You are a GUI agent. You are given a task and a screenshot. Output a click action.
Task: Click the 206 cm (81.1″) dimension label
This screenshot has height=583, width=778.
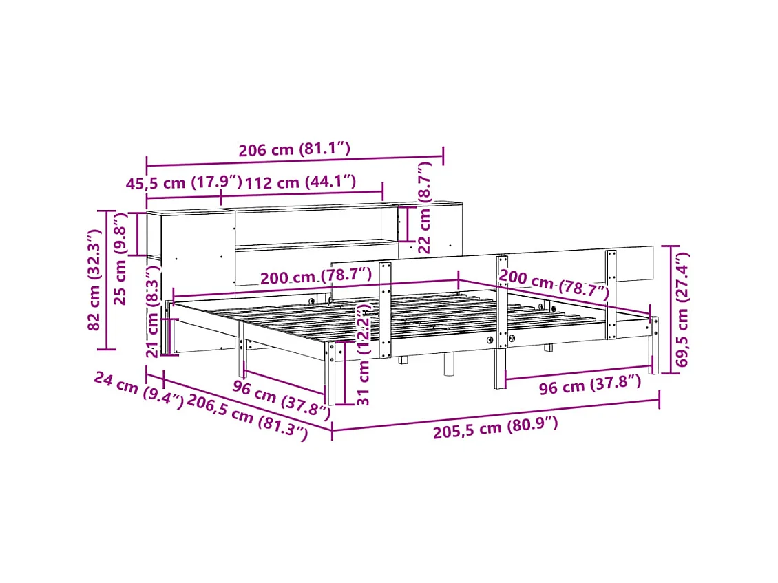coord(295,149)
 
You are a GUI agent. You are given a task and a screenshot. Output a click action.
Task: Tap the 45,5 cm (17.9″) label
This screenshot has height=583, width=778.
coord(184,183)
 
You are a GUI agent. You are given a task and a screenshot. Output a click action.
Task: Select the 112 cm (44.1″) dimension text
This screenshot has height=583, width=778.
coord(300,182)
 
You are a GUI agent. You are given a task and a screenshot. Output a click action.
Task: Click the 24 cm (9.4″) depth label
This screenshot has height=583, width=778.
coord(138,390)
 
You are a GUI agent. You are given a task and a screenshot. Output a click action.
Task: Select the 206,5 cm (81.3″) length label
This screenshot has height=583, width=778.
coord(246,417)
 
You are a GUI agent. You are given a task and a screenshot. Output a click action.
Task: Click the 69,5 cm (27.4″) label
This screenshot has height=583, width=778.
coord(682,312)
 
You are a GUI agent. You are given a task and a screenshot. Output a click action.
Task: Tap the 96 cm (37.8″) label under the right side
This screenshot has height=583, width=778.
coord(589,385)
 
